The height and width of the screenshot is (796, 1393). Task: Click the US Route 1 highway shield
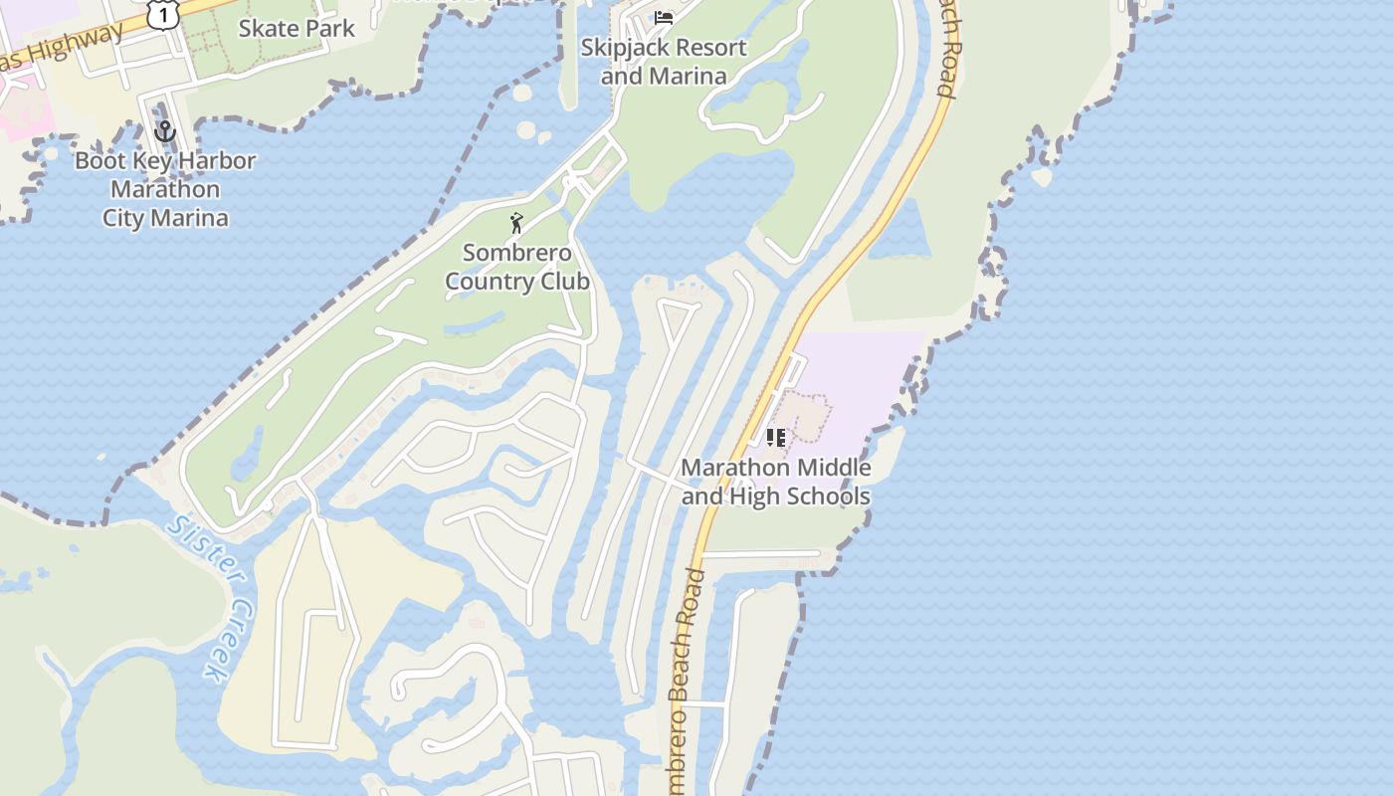pos(162,13)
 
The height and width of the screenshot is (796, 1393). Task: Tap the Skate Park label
pos(297,29)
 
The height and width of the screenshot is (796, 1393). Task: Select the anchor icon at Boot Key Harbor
pos(165,131)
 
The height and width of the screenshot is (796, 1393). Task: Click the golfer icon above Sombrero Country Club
pos(516,223)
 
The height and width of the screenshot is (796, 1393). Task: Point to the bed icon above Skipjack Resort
pos(664,17)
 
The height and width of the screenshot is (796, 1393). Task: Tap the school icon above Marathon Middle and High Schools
pos(776,438)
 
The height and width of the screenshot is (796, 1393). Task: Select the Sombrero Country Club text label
pos(517,268)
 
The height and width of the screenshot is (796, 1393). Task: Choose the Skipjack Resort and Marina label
pos(664,62)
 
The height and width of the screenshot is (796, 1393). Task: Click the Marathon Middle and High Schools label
pos(776,482)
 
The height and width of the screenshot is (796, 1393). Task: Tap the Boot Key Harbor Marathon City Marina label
pos(165,189)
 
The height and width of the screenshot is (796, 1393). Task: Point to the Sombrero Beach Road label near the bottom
pos(687,667)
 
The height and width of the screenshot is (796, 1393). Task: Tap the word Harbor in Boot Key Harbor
pos(213,161)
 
